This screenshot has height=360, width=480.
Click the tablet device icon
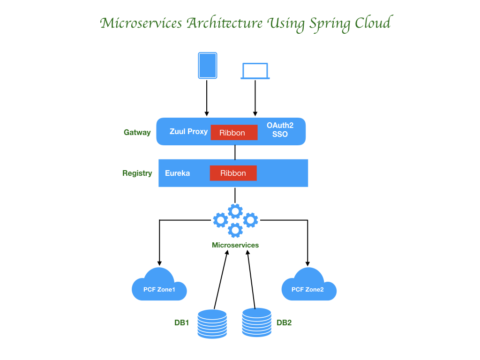click(x=207, y=65)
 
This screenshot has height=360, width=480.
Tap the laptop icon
click(x=255, y=71)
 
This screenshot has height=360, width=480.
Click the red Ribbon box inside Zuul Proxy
click(x=234, y=133)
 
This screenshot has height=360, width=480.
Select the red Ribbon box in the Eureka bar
click(x=233, y=173)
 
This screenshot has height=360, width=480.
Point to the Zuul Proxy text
click(x=188, y=131)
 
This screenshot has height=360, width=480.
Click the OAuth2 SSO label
click(x=280, y=130)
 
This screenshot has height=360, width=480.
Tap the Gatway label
click(x=137, y=132)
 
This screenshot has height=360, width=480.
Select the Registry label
click(x=137, y=173)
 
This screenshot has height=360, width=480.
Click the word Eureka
click(x=177, y=173)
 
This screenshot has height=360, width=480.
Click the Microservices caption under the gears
click(x=235, y=245)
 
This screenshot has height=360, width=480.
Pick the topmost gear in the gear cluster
click(x=235, y=211)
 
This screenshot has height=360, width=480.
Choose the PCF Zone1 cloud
click(x=159, y=285)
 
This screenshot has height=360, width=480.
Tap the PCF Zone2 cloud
click(x=308, y=285)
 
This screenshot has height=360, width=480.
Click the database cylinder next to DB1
click(x=212, y=323)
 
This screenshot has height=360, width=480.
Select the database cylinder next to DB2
click(x=256, y=322)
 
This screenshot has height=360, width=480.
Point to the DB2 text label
click(x=284, y=322)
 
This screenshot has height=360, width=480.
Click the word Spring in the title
click(x=326, y=23)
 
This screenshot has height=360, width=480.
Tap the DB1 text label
click(x=181, y=322)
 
